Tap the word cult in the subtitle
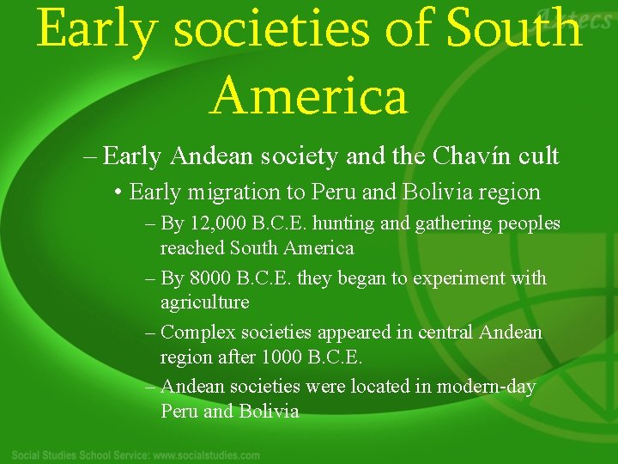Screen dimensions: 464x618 [539, 156]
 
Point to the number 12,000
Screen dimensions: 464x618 [216, 224]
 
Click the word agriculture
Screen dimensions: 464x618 [205, 302]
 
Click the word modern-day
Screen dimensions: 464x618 [487, 387]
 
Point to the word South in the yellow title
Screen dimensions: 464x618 [515, 30]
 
